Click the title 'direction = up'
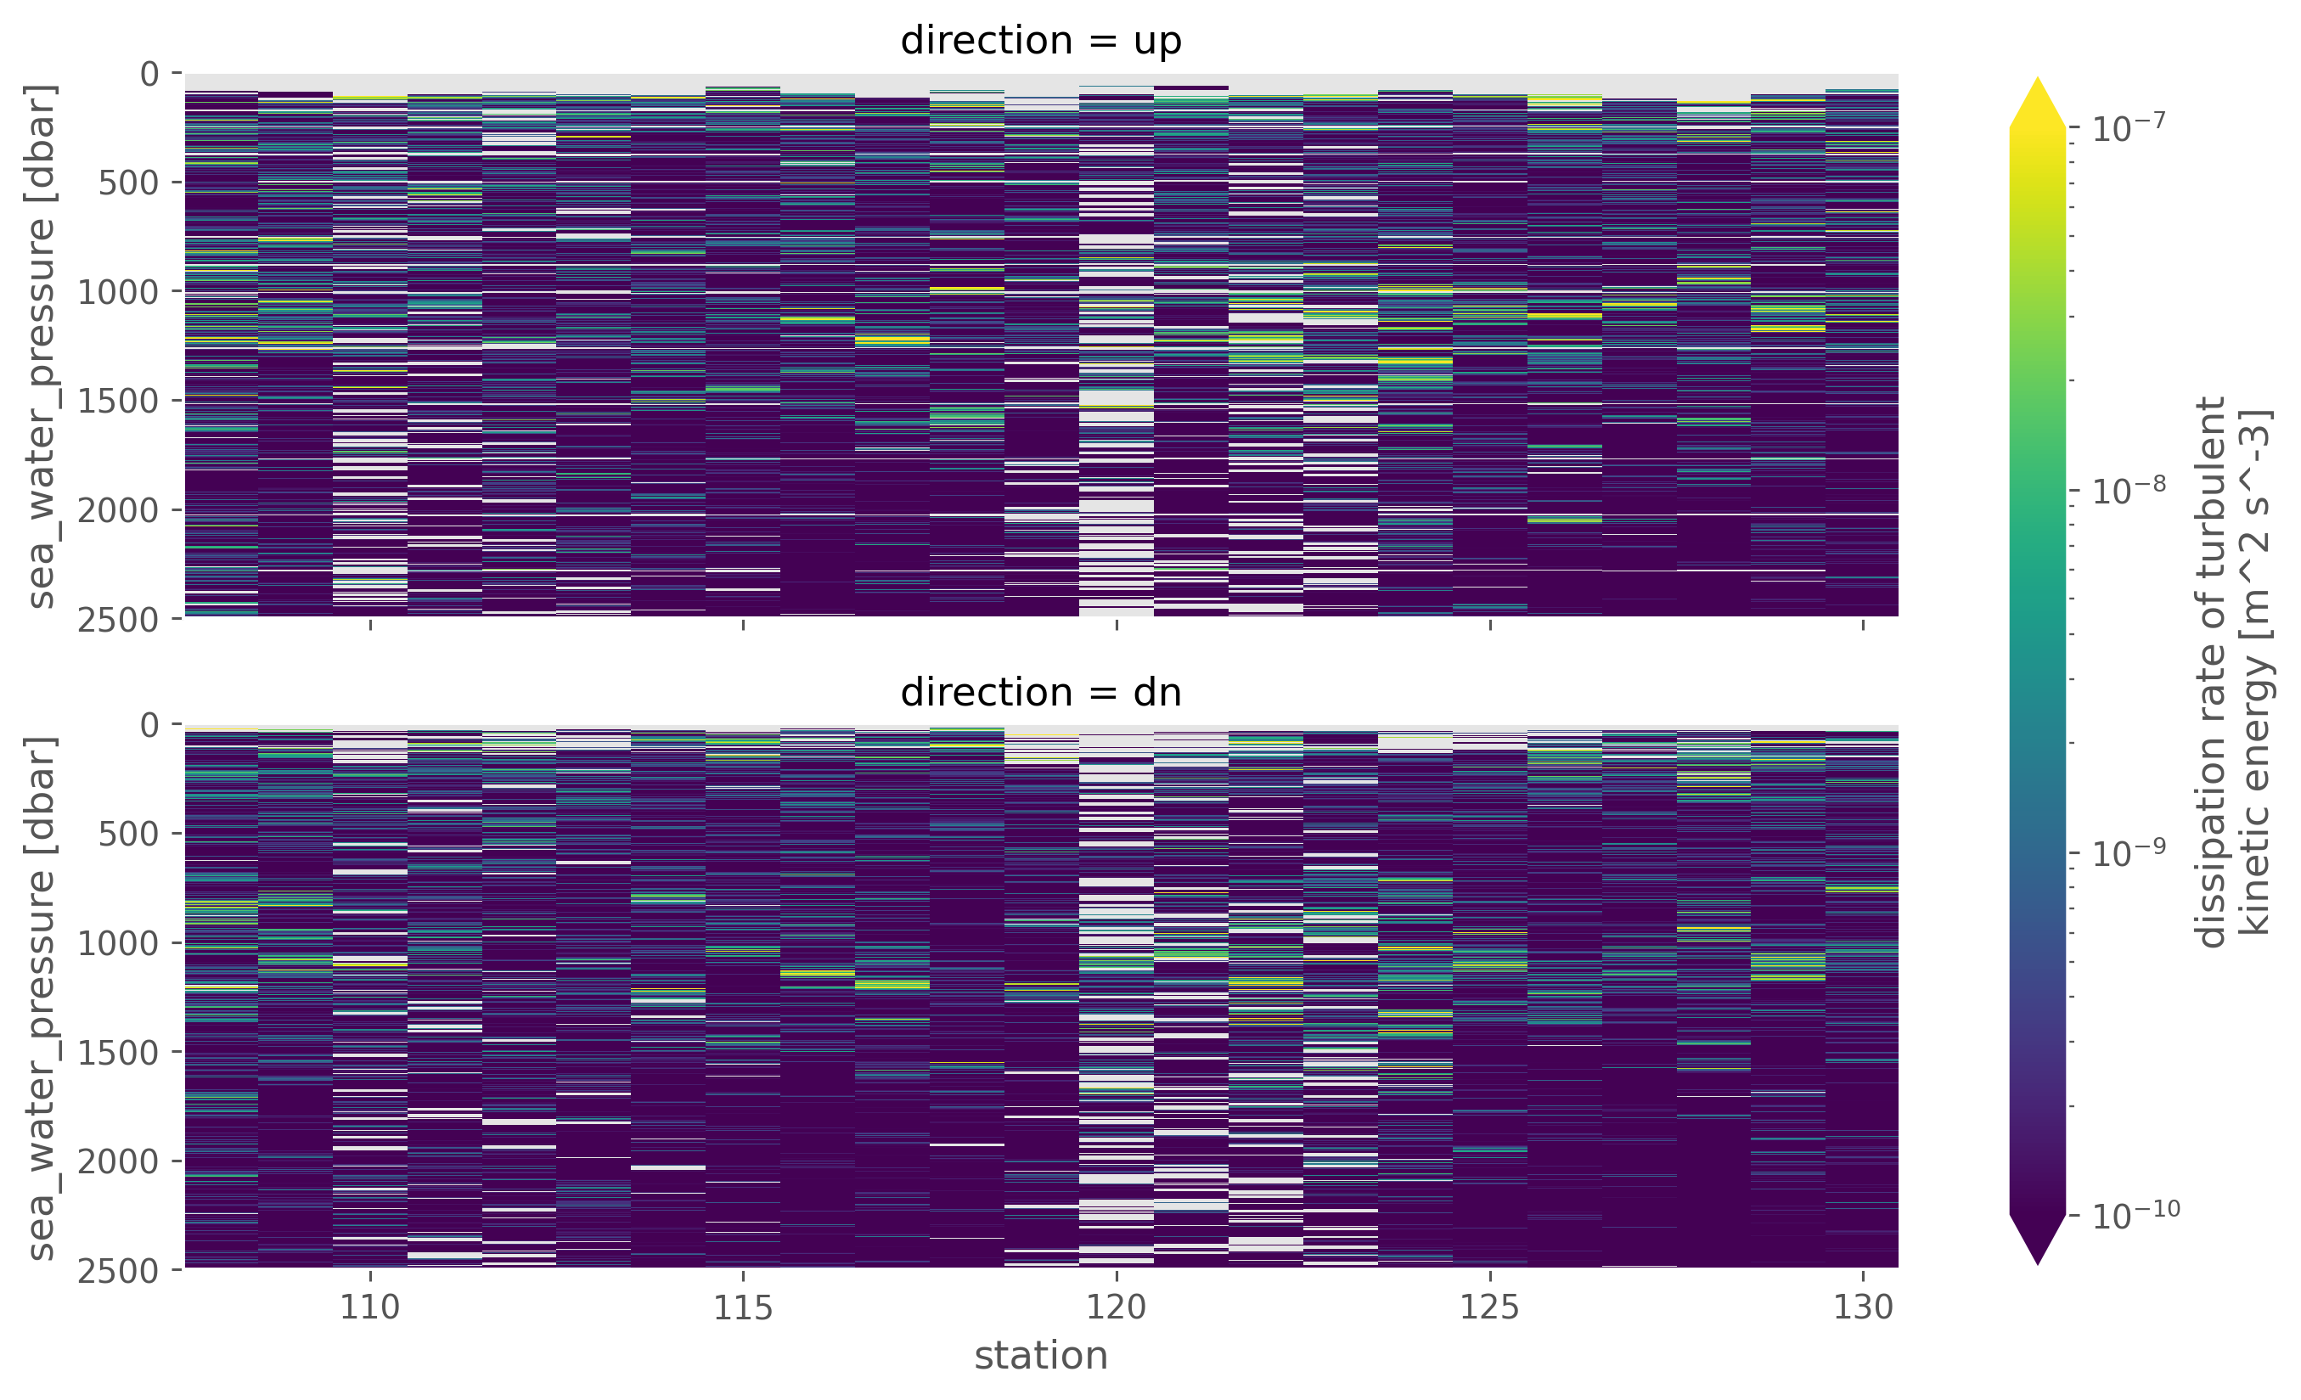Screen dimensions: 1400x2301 click(x=1040, y=41)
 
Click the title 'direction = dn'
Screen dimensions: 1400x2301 click(x=1040, y=693)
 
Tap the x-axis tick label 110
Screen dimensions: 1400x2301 click(x=370, y=1307)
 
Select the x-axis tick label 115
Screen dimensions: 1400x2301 click(x=742, y=1307)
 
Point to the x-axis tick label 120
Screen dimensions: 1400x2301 click(x=1116, y=1307)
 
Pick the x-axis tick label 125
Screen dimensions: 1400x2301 click(x=1489, y=1307)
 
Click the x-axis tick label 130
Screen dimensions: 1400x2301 click(x=1863, y=1307)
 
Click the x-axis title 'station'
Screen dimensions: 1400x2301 click(x=1040, y=1355)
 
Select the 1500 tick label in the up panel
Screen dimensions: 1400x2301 click(x=118, y=402)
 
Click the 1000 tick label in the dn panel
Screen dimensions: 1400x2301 click(x=118, y=943)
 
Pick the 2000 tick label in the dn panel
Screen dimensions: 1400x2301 click(x=118, y=1161)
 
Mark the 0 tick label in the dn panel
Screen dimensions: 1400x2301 click(x=149, y=725)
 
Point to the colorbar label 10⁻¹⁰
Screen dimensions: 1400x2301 click(x=2135, y=1215)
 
